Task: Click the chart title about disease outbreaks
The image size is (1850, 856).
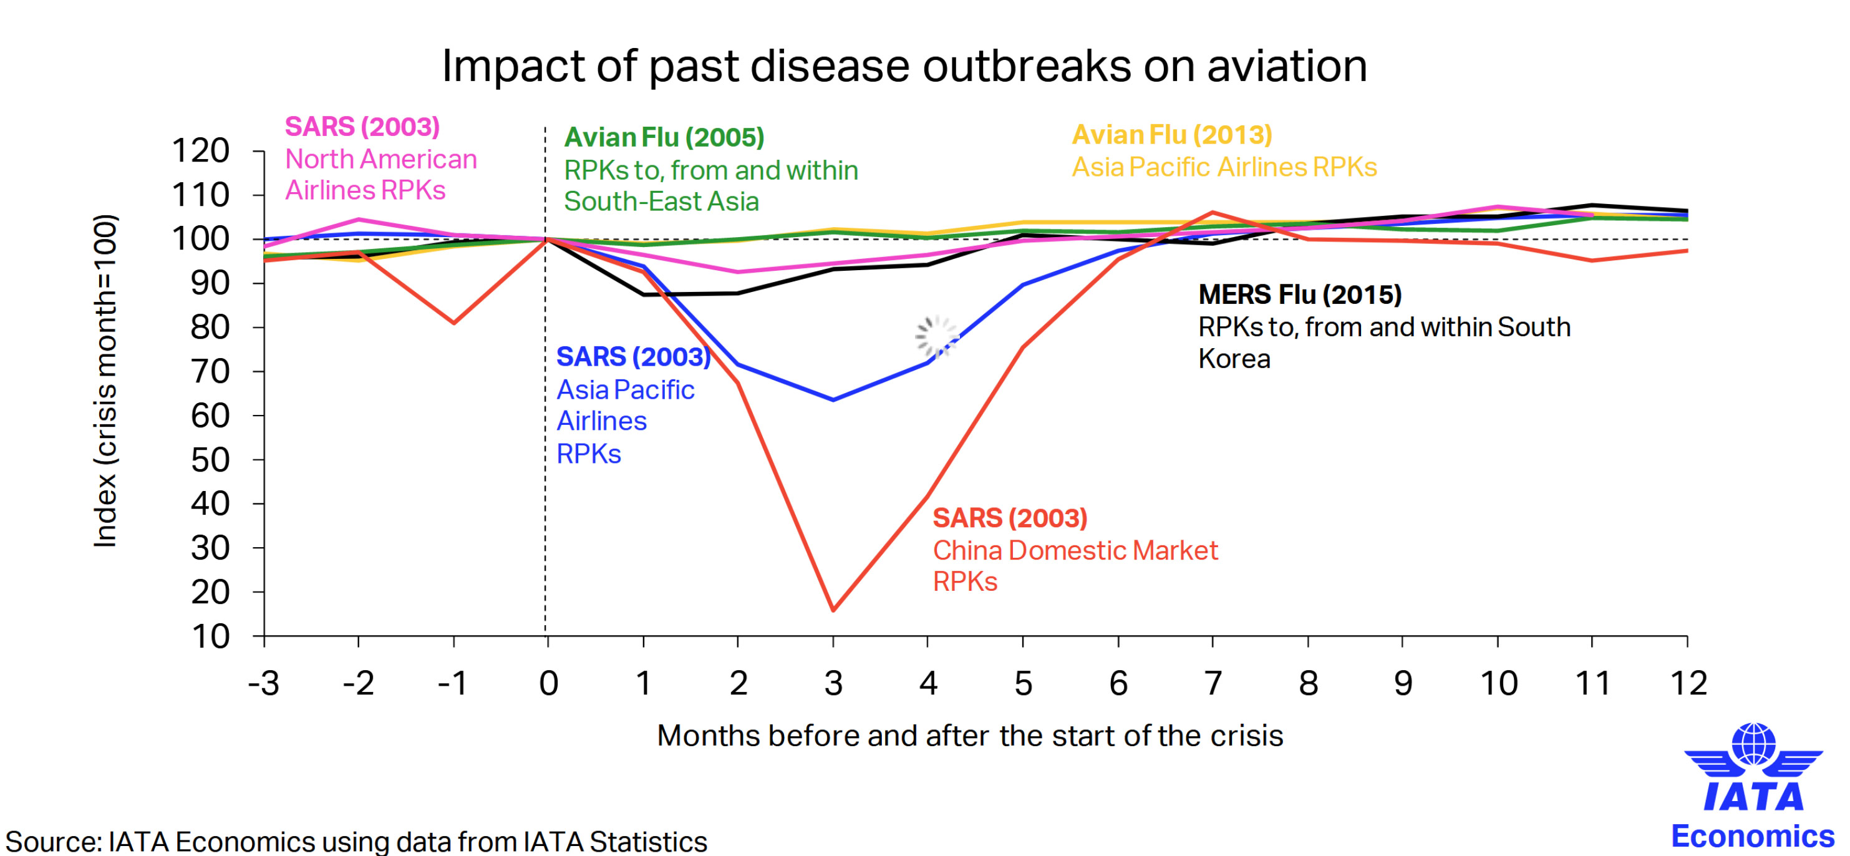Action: click(903, 66)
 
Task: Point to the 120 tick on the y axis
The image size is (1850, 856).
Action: click(200, 151)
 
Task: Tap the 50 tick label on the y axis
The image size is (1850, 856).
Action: click(210, 460)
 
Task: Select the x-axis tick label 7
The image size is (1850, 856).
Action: click(1213, 683)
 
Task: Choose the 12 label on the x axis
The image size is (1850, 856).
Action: click(1688, 683)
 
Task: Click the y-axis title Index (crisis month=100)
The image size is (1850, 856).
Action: click(105, 381)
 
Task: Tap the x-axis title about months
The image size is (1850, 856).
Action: click(969, 736)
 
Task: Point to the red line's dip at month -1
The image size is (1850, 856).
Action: click(454, 323)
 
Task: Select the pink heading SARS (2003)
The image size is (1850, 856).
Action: click(362, 127)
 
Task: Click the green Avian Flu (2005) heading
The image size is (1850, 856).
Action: click(664, 137)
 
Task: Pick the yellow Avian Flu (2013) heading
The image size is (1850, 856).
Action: click(1171, 134)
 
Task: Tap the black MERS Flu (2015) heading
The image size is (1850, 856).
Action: click(1300, 294)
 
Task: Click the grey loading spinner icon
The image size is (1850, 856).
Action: click(936, 336)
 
